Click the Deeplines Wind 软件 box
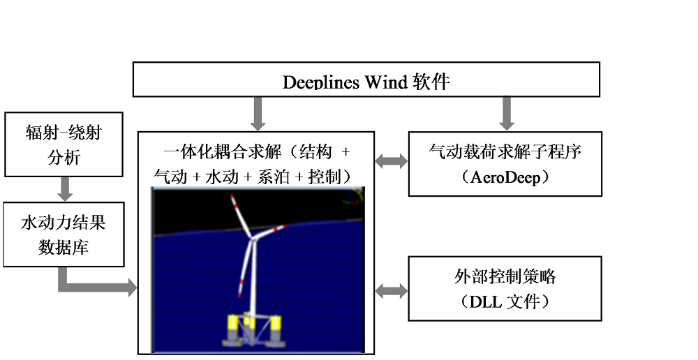[366, 80]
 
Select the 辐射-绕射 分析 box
[64, 144]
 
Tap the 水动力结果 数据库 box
[64, 234]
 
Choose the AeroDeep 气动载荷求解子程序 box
[505, 164]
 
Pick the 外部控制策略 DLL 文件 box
[505, 288]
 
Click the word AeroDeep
[505, 177]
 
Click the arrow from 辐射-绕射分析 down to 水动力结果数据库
[65, 189]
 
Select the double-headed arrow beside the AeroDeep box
[392, 161]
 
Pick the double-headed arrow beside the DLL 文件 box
[392, 292]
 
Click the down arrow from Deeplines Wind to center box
[258, 114]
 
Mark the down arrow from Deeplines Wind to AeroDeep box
[507, 114]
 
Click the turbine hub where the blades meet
[253, 239]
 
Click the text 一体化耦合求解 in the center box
[222, 152]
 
